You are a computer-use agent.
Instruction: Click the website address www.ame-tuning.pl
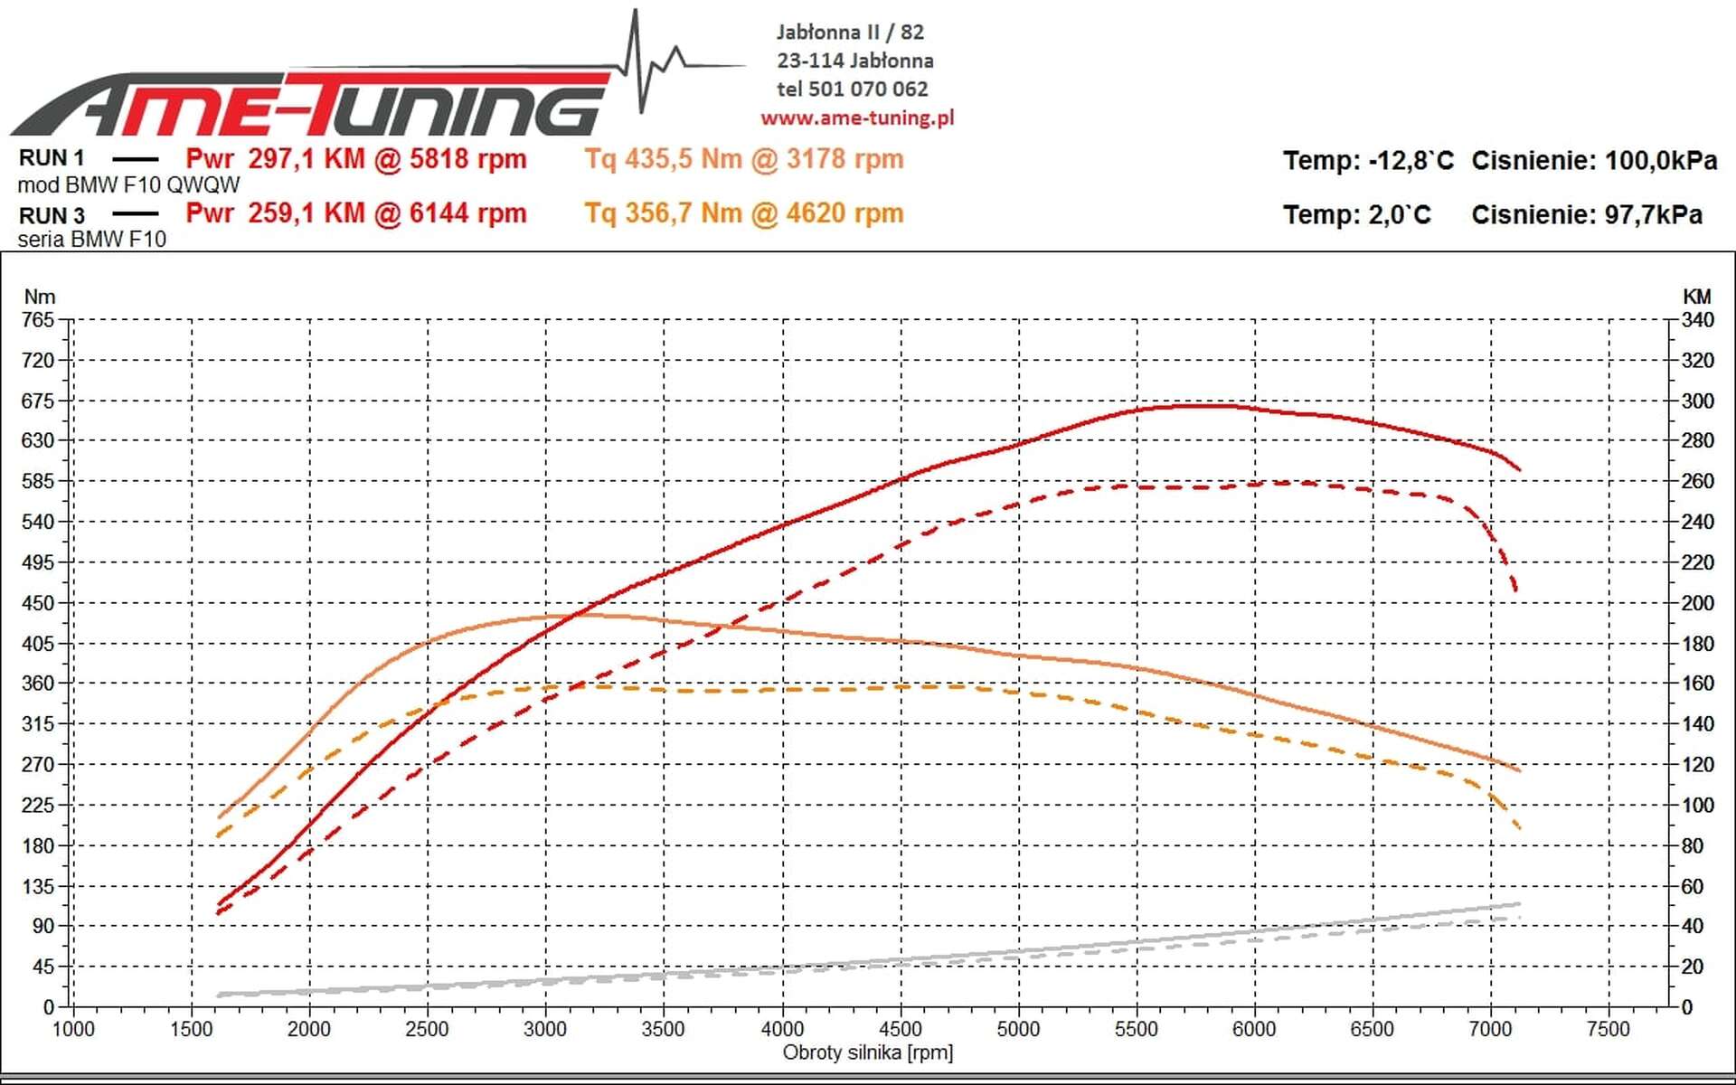pos(856,118)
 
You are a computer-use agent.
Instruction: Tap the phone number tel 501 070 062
pos(852,89)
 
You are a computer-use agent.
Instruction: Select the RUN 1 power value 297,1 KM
pos(306,159)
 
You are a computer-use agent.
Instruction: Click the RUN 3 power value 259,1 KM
pos(306,213)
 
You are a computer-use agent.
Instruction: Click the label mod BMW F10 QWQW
pos(128,185)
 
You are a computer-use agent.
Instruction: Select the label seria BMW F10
pos(92,240)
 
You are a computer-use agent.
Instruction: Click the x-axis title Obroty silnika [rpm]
pos(867,1052)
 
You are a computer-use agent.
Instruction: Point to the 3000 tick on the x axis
pos(545,1029)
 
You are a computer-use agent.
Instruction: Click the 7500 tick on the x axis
pos(1608,1029)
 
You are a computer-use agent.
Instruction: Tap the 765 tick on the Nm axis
pos(38,320)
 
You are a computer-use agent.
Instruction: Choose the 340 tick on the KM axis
pos(1697,320)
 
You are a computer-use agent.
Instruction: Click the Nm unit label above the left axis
pos(40,297)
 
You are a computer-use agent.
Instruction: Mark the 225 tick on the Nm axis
pos(38,805)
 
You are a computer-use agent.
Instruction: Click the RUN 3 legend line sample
pos(136,215)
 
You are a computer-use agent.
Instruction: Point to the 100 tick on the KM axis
pos(1697,805)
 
